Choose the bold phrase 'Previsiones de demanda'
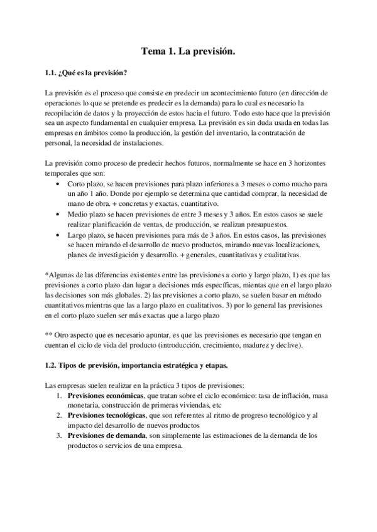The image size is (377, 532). (106, 435)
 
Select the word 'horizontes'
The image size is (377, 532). (307, 163)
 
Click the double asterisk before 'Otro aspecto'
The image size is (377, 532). (50, 336)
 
